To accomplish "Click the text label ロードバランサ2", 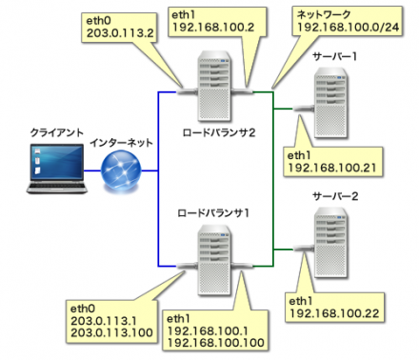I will pyautogui.click(x=220, y=131).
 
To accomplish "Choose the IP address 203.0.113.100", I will pyautogui.click(x=110, y=334).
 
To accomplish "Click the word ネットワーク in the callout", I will pyautogui.click(x=323, y=15).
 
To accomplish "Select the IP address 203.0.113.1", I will pyautogui.click(x=105, y=322).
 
